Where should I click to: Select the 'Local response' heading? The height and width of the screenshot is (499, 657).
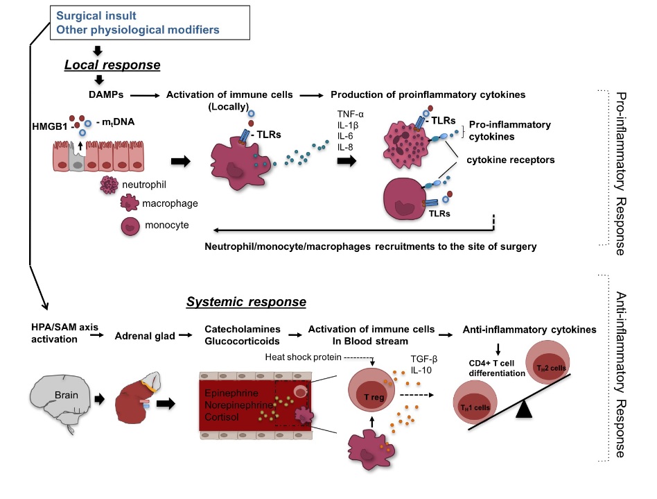112,65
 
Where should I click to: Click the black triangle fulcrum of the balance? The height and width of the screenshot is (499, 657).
523,409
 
